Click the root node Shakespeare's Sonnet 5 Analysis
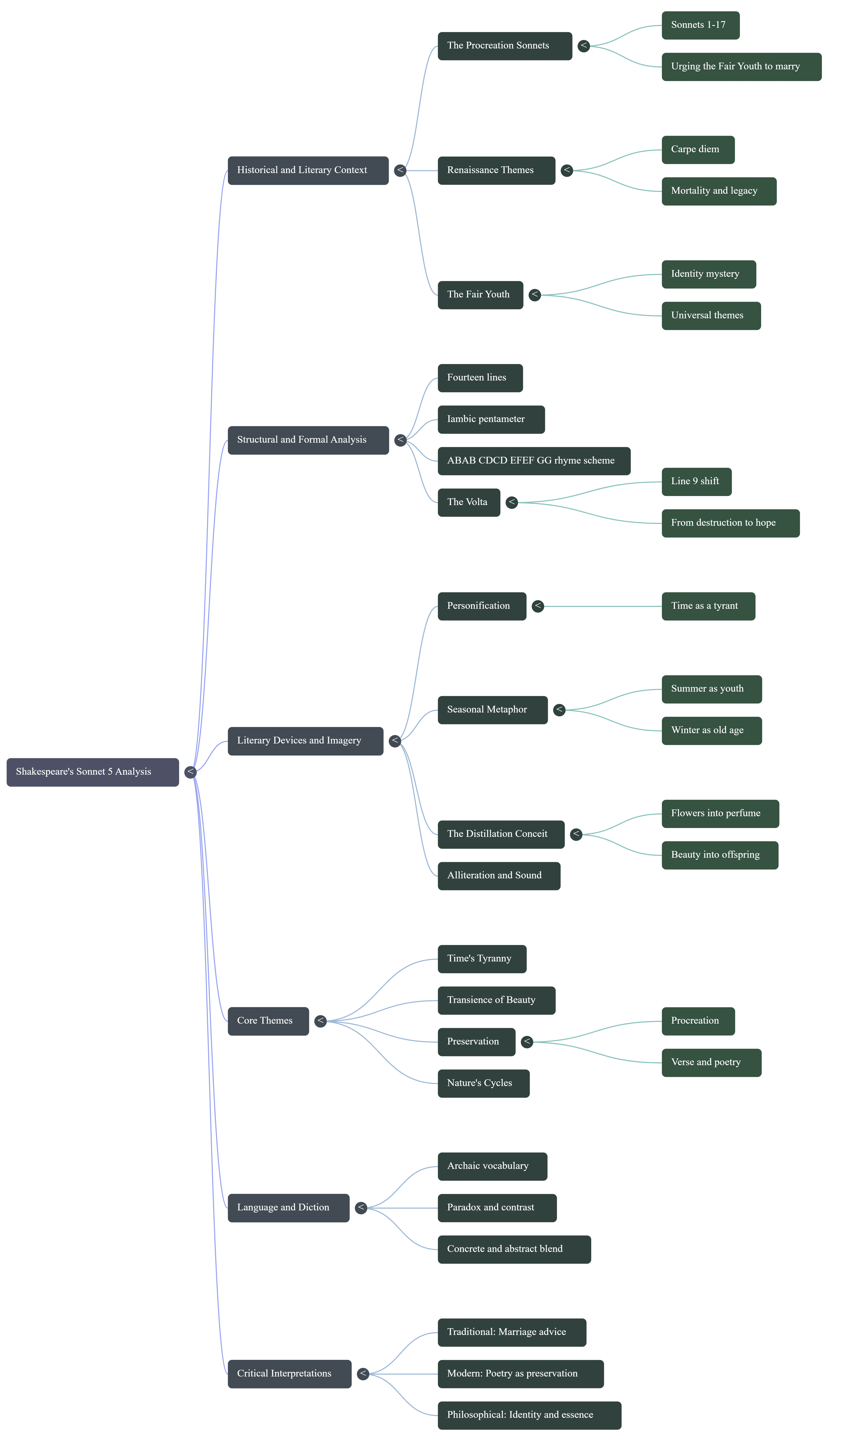point(93,772)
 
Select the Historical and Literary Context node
point(308,170)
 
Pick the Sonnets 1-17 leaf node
point(700,25)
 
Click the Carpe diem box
point(698,150)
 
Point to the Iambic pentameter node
point(491,419)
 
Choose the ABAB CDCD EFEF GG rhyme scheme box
point(534,461)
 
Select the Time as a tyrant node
point(708,606)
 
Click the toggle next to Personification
point(538,606)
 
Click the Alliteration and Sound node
point(499,876)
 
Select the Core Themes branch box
point(268,1021)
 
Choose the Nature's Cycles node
point(483,1084)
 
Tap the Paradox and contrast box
point(496,1208)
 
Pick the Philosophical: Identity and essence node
point(529,1415)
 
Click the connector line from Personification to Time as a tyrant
point(601,606)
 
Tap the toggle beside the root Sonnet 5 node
point(191,772)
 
